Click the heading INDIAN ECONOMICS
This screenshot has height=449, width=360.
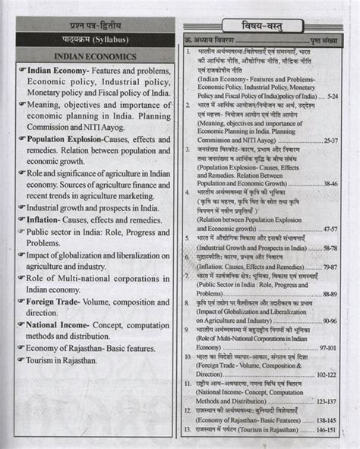pos(95,56)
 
